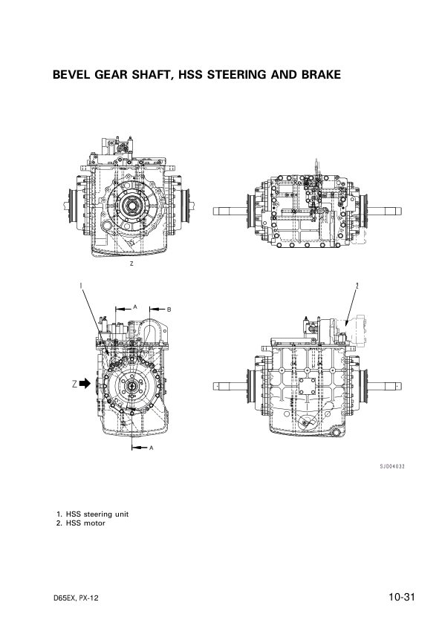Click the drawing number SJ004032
[x=391, y=466]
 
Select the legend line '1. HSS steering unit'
[x=93, y=514]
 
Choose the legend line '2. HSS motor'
[x=81, y=523]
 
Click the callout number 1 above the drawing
[x=80, y=285]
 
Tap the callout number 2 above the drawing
[x=357, y=285]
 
